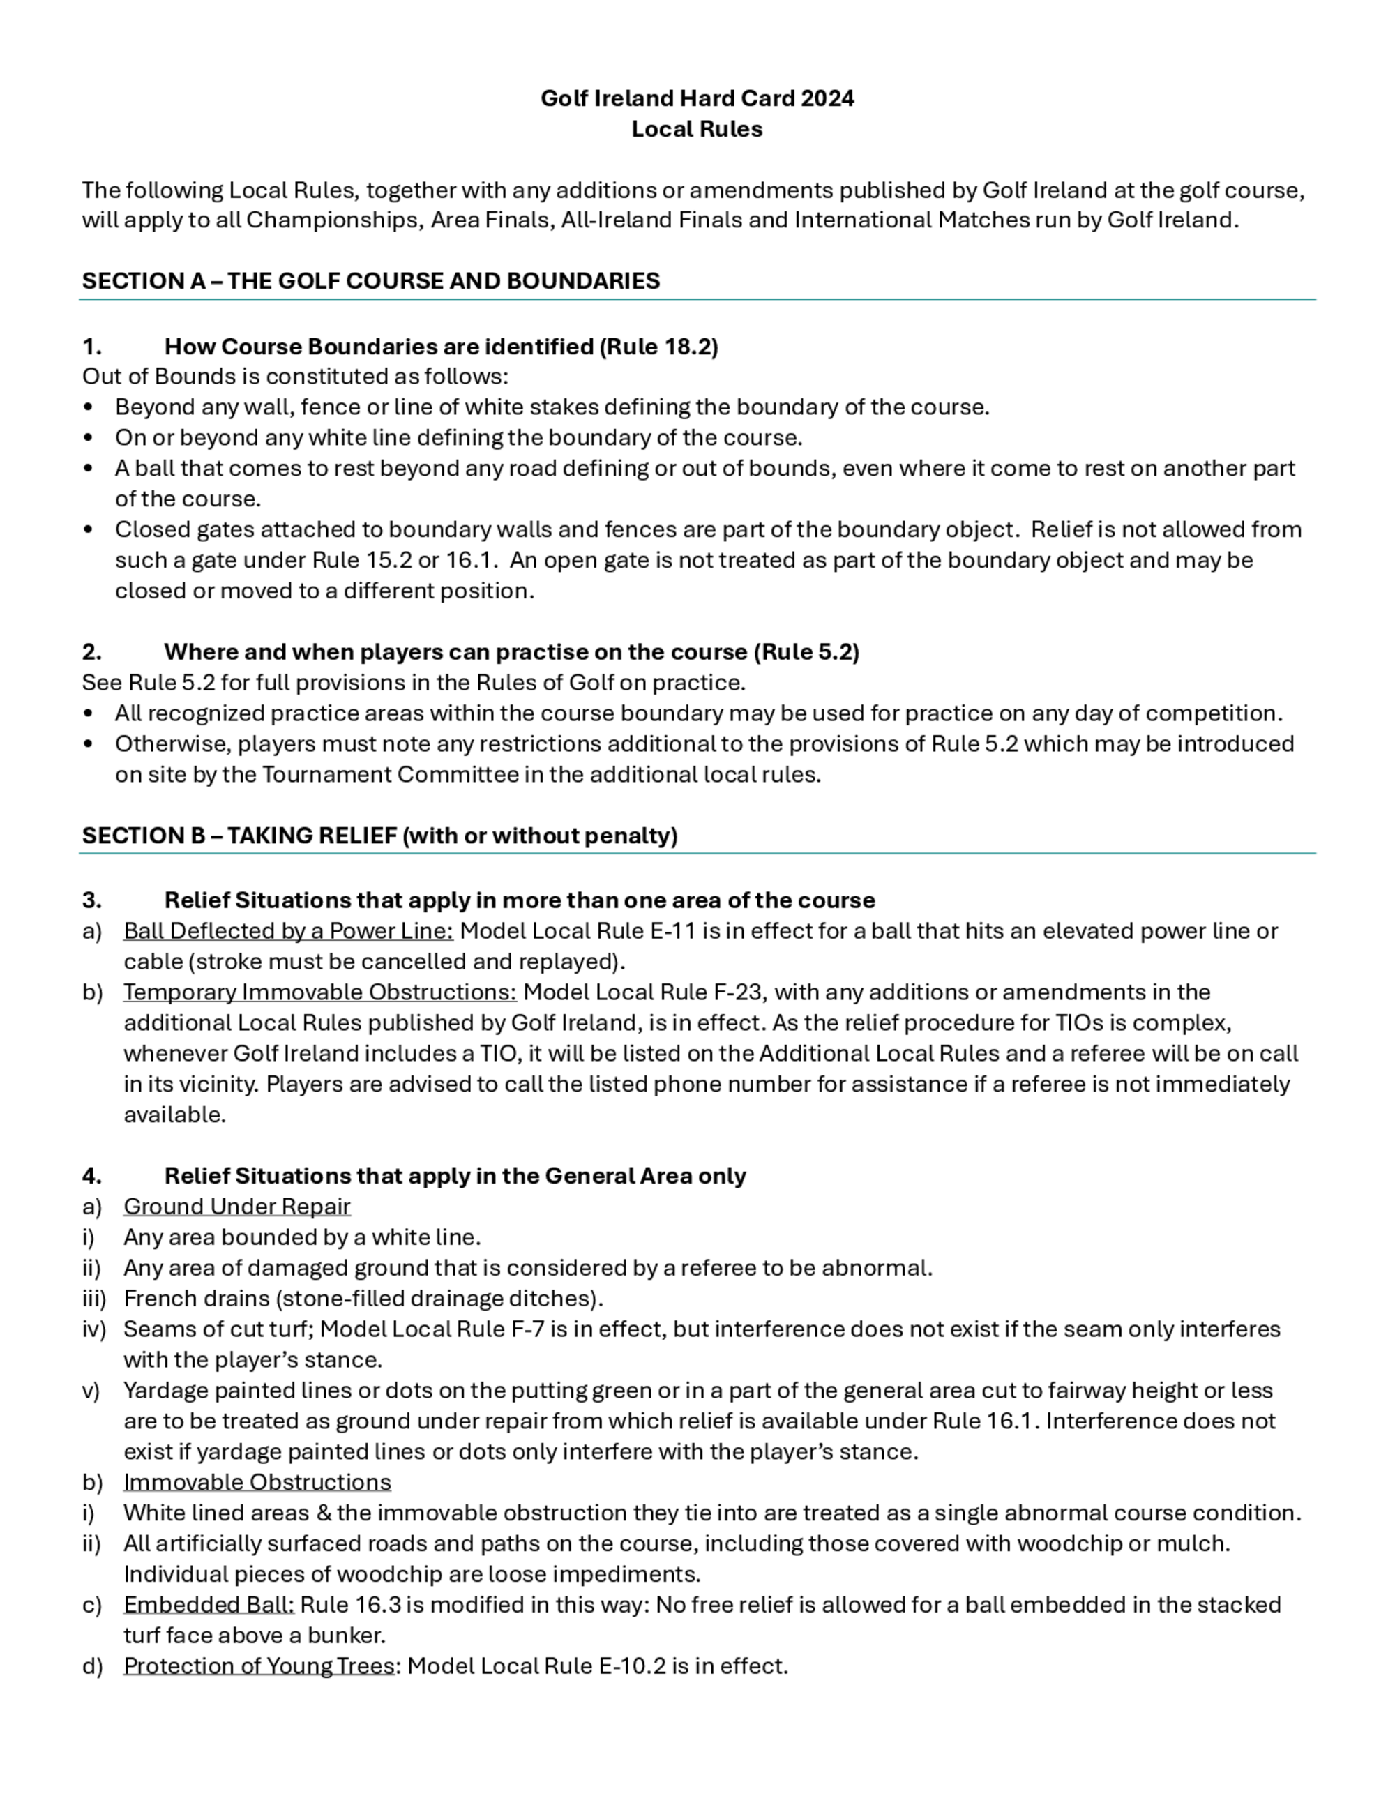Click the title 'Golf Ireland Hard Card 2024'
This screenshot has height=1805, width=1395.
click(697, 98)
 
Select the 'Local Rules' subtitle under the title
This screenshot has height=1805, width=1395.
click(697, 129)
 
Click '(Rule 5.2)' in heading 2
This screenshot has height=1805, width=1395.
click(806, 652)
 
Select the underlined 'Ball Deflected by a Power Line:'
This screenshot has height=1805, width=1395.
click(289, 930)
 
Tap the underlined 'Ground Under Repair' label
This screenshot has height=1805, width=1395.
click(237, 1207)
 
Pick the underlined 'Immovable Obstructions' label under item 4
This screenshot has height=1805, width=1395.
click(257, 1482)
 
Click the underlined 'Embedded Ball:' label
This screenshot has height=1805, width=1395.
click(209, 1604)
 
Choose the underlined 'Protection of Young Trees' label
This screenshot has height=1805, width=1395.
click(259, 1666)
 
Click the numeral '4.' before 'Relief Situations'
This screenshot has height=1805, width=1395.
click(92, 1176)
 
